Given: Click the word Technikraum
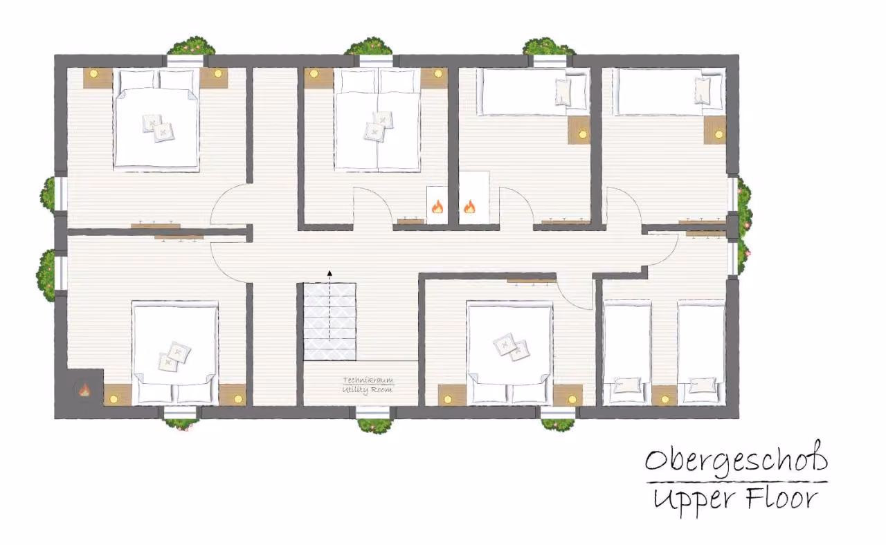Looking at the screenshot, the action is click(368, 380).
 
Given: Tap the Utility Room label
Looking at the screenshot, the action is click(368, 389).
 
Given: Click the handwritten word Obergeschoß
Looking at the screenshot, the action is click(736, 461).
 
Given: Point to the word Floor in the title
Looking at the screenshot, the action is click(782, 498).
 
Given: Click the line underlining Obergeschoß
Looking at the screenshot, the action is click(737, 482).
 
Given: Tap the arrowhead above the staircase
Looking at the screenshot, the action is click(329, 273).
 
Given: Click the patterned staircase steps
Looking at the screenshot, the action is click(329, 322).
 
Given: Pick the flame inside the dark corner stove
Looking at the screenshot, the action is click(84, 391).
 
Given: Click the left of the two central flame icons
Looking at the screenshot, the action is click(437, 207).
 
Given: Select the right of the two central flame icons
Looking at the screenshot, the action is click(469, 207).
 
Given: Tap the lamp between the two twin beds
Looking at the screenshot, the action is click(664, 400).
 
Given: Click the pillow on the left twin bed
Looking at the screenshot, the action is click(627, 385).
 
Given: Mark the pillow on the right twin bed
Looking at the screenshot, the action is click(702, 385).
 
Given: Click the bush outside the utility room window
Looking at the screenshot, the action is click(375, 425).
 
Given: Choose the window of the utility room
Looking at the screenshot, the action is click(372, 413).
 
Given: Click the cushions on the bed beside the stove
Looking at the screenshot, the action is click(174, 356).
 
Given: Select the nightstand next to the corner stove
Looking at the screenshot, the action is click(118, 395).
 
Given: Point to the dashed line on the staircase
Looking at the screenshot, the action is click(329, 308).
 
